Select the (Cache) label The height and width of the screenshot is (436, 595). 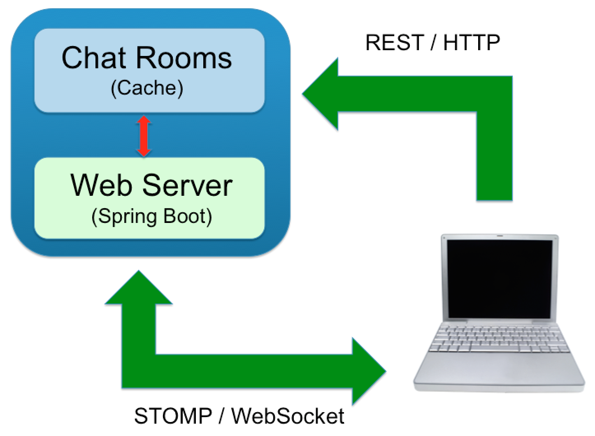147,88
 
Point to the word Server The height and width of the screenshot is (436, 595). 187,185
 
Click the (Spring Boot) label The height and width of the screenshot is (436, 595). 151,216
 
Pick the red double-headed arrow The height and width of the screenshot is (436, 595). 144,136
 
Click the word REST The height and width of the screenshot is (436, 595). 394,42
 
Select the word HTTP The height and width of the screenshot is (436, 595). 472,42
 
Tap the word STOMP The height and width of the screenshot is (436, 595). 173,416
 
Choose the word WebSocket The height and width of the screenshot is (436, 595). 288,416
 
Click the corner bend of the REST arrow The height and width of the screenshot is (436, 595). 494,94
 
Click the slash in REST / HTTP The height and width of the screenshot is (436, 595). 432,42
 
